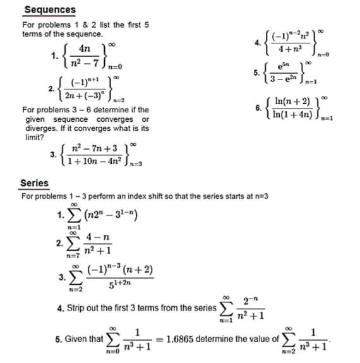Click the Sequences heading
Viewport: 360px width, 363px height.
point(49,10)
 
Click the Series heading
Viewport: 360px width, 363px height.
point(34,183)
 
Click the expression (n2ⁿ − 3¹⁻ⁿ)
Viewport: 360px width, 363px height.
point(105,217)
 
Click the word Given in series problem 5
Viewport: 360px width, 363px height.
point(78,340)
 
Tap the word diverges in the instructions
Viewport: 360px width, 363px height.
point(40,128)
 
